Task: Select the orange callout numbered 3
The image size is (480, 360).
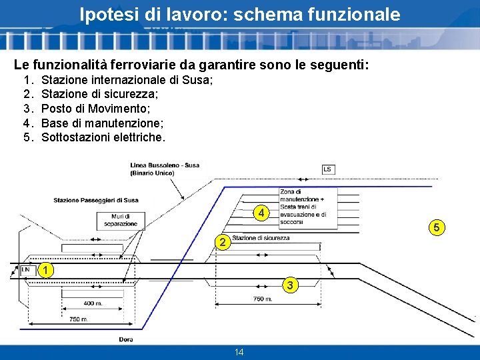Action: click(289, 285)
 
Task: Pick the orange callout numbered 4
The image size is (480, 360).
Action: click(262, 213)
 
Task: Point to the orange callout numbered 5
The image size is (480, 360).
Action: click(437, 229)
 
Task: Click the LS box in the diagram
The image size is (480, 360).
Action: click(327, 170)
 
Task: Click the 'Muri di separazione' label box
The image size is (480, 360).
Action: click(120, 220)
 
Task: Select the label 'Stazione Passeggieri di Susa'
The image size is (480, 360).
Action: click(96, 200)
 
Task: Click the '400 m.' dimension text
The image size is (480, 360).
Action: click(94, 304)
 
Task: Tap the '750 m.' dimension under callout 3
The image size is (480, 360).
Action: click(262, 299)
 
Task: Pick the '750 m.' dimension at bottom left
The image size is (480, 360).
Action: click(79, 320)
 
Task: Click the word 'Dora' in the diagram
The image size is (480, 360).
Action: click(126, 339)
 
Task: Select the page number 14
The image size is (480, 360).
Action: click(239, 352)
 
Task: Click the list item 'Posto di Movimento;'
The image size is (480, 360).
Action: click(95, 108)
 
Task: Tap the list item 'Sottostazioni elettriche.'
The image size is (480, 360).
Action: click(103, 137)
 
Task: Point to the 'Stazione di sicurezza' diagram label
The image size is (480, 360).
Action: click(261, 238)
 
